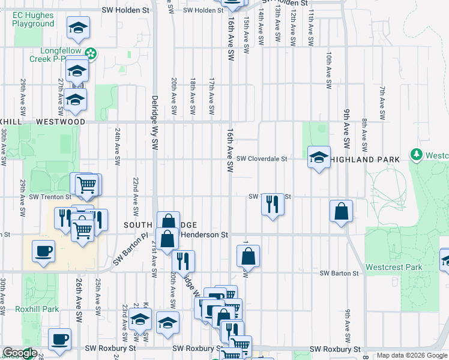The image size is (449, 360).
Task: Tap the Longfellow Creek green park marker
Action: click(91, 54)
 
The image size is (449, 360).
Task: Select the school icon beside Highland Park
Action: click(319, 158)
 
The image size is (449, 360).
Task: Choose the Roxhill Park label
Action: click(37, 309)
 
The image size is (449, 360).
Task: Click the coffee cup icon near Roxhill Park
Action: click(59, 340)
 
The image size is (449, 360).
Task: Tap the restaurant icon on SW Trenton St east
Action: click(273, 205)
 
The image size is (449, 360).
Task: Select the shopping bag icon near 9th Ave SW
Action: click(341, 212)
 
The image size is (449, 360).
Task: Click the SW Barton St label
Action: click(339, 273)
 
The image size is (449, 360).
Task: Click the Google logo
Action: click(20, 353)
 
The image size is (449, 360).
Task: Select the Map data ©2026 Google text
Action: click(412, 355)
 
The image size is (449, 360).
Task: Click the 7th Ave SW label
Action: click(382, 102)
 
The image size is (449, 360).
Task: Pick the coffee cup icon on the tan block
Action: click(44, 251)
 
